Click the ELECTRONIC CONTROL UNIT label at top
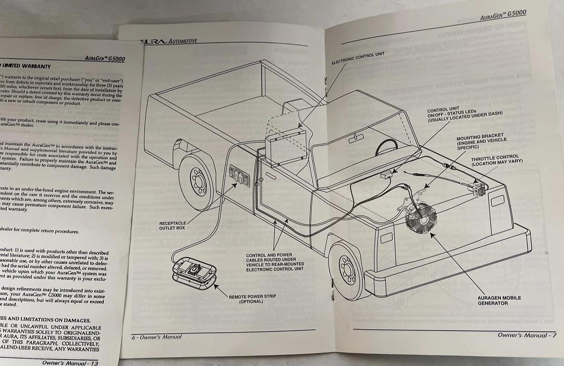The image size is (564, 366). pyautogui.click(x=358, y=58)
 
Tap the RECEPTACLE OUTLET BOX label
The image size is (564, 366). pyautogui.click(x=172, y=225)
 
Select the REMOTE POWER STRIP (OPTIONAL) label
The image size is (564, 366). pyautogui.click(x=252, y=299)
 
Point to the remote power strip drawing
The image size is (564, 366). pyautogui.click(x=193, y=273)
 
